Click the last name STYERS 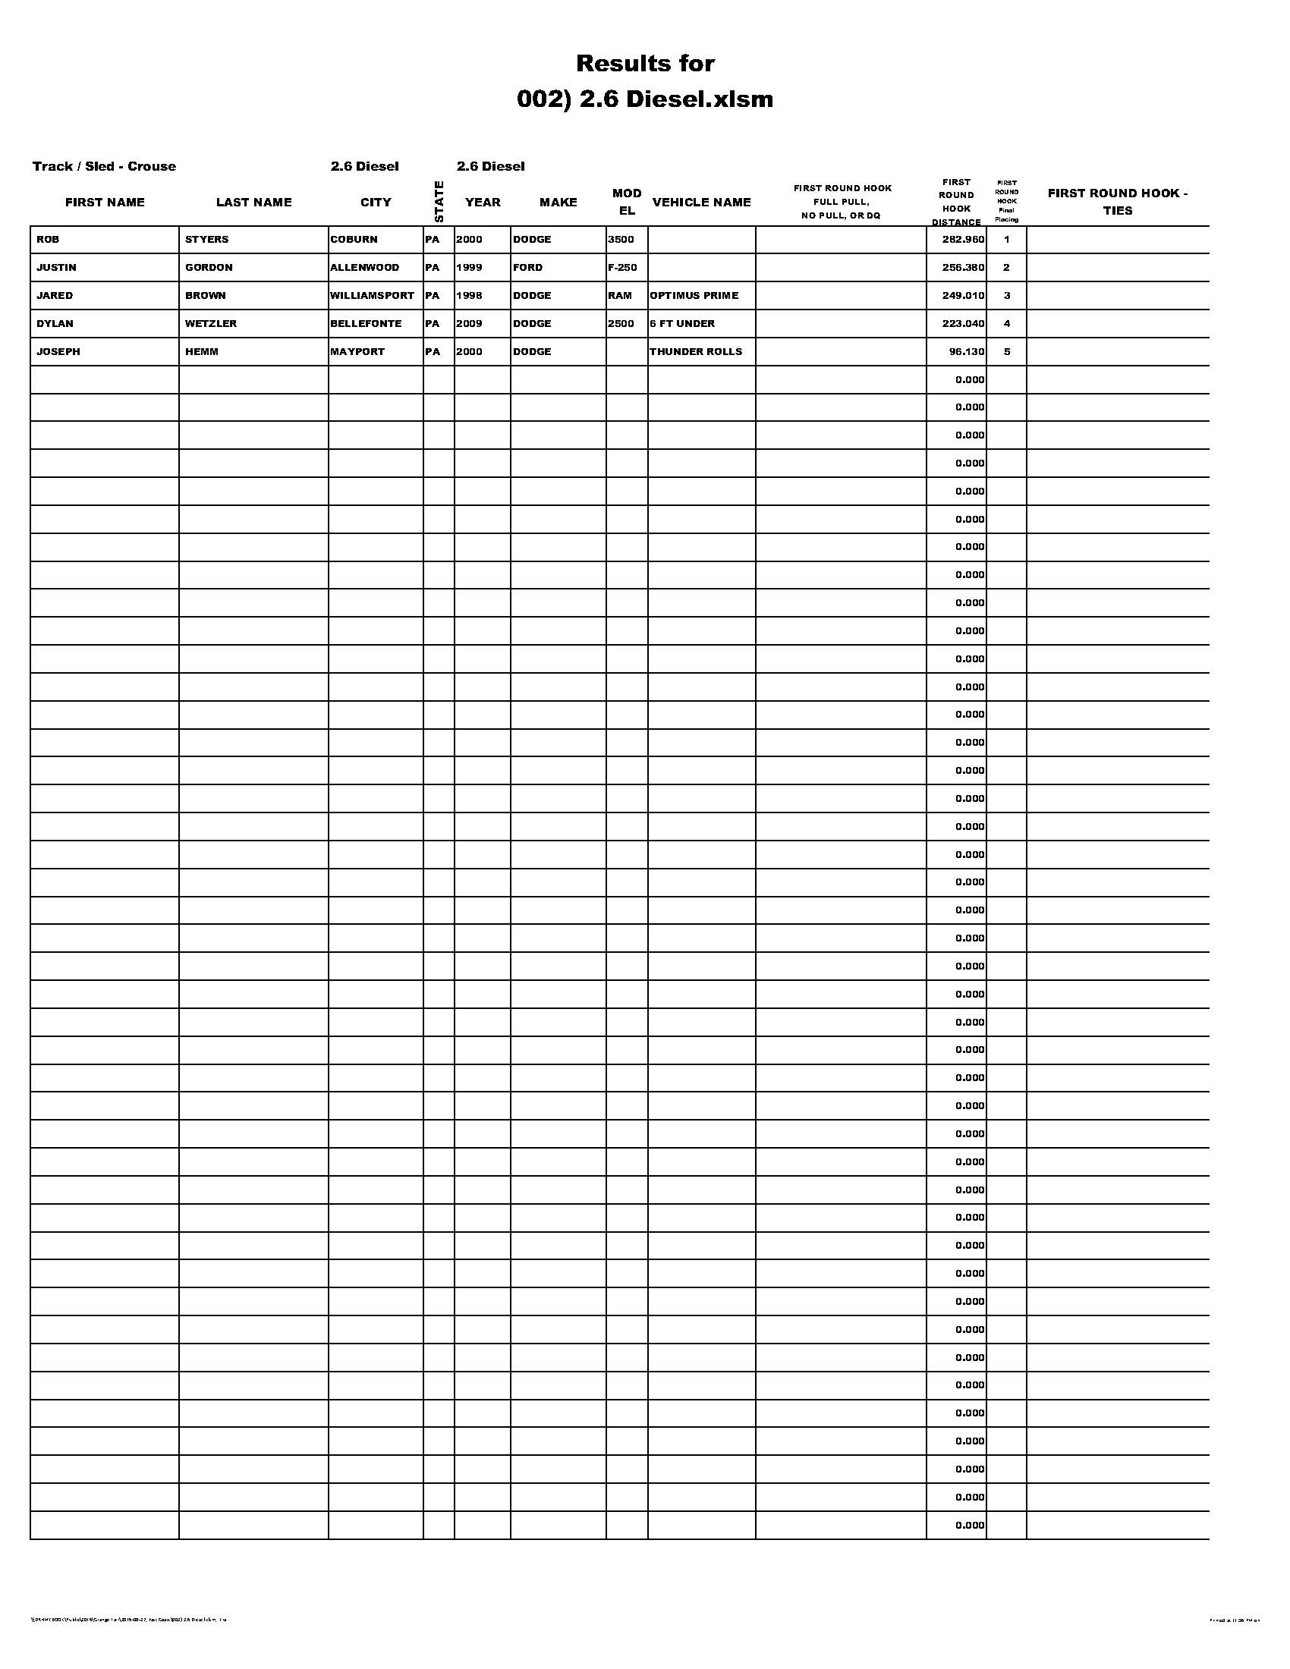(x=206, y=239)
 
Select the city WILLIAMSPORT (x=372, y=295)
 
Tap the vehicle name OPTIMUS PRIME (x=694, y=295)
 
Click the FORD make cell (x=528, y=268)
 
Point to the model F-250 (x=622, y=268)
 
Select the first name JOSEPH (x=58, y=351)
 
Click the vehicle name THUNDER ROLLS (x=695, y=351)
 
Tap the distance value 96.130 (x=967, y=351)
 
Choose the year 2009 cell (x=469, y=323)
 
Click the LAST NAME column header (x=253, y=202)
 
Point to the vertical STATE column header (x=439, y=201)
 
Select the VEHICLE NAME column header (x=702, y=202)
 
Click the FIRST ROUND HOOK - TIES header (x=1117, y=202)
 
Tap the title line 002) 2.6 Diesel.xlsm (x=645, y=99)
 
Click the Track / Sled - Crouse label (x=104, y=166)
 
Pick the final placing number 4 (x=1006, y=323)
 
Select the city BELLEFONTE (x=366, y=323)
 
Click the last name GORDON (x=209, y=268)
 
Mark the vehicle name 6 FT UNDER (x=682, y=323)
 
